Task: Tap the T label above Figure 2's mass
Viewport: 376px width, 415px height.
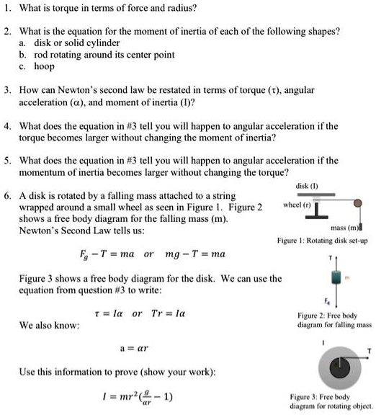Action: click(330, 257)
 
